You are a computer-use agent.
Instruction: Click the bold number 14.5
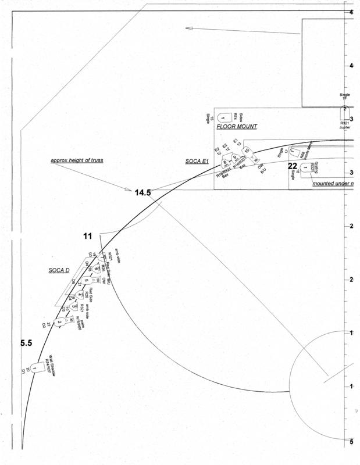143,192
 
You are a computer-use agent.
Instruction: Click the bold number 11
88,236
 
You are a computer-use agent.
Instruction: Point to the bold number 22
293,166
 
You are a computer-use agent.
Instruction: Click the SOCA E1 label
197,161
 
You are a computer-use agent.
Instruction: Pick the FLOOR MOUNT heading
237,126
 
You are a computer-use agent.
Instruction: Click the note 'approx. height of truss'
76,159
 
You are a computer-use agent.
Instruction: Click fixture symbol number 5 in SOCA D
85,281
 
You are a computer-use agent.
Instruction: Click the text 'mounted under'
332,184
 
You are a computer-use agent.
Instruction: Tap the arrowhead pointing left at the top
188,28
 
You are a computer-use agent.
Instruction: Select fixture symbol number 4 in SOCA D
80,295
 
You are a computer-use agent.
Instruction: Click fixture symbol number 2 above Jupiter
344,109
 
